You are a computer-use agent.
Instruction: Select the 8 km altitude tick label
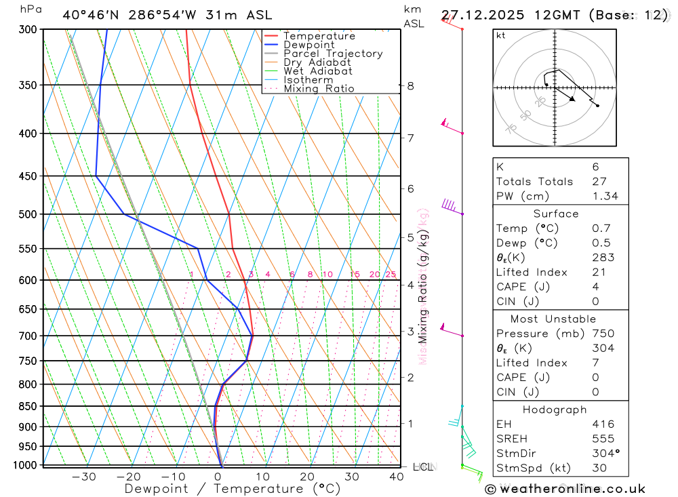pyautogui.click(x=410, y=85)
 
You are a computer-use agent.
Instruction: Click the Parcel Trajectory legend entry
pyautogui.click(x=333, y=54)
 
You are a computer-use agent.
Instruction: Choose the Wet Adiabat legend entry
pyautogui.click(x=318, y=71)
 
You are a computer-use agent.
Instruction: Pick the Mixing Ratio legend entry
pyautogui.click(x=319, y=89)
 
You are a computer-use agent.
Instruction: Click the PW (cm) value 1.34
pyautogui.click(x=605, y=196)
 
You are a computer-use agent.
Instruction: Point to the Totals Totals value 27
pyautogui.click(x=597, y=181)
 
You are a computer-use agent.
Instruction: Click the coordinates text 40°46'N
pyautogui.click(x=89, y=15)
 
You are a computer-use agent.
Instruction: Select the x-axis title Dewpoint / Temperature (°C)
pyautogui.click(x=232, y=489)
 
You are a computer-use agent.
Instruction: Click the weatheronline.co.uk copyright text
pyautogui.click(x=565, y=489)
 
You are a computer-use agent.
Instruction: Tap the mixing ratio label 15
pyautogui.click(x=355, y=275)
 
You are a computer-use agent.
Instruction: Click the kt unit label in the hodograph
pyautogui.click(x=501, y=35)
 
